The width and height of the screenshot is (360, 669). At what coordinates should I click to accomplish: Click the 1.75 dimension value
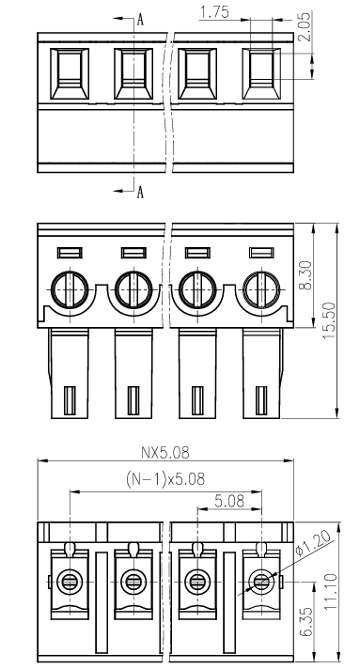click(x=214, y=12)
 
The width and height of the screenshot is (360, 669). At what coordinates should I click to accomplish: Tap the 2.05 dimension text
click(x=305, y=26)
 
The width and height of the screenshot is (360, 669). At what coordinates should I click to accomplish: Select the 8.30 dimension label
click(x=305, y=275)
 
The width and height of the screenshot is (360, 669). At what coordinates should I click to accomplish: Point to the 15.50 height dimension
click(x=329, y=320)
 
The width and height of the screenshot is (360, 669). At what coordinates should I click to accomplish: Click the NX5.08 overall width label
click(x=164, y=453)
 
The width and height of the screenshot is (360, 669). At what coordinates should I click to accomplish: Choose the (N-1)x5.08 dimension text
click(x=165, y=479)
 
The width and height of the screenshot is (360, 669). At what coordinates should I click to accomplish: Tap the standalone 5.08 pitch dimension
click(x=229, y=501)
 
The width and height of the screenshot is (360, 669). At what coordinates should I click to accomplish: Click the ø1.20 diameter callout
click(x=314, y=544)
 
